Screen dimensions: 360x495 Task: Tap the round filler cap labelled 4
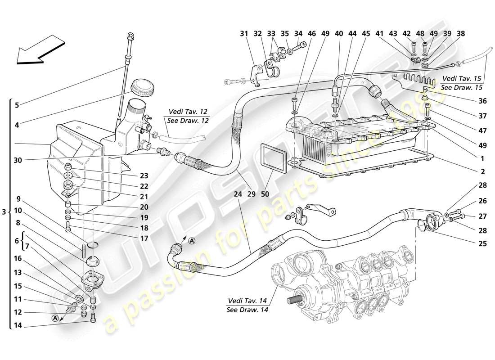coord(142,87)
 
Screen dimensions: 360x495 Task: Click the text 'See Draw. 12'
coord(185,121)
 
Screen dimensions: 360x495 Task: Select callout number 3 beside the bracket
coord(4,211)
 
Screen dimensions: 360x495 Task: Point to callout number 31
coord(244,33)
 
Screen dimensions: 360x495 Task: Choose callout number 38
coord(461,33)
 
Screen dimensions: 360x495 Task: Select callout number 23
coord(144,175)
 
